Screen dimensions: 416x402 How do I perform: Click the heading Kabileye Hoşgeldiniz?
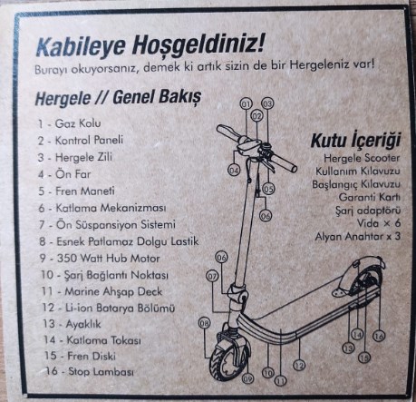pos(150,45)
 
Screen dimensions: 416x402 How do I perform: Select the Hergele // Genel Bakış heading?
pos(118,98)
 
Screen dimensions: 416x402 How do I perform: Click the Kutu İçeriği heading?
pos(355,141)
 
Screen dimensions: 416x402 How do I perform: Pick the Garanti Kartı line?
pos(369,197)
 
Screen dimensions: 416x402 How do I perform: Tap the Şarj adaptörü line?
pos(368,211)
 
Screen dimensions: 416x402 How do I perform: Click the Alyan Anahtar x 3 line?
pos(357,236)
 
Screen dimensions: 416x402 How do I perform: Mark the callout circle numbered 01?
pos(246,104)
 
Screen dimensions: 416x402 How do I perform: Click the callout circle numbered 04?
pos(234,171)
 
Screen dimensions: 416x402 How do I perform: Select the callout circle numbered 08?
pos(204,323)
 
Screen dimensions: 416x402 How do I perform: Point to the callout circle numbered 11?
pos(281,381)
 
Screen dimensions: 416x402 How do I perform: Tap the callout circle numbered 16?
pos(379,336)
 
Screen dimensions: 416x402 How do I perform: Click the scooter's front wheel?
pos(229,360)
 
